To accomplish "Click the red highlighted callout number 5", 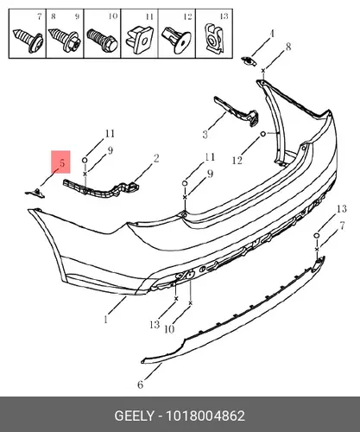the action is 62,163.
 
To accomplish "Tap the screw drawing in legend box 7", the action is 28,41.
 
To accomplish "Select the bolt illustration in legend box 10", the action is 102,41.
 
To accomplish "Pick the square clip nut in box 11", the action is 140,40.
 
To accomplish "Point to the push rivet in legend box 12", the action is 177,41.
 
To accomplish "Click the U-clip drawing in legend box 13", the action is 214,38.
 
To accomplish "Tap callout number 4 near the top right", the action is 272,34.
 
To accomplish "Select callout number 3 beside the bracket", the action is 205,135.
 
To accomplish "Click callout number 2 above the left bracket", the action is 156,158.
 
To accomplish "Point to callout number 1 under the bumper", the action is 105,319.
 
